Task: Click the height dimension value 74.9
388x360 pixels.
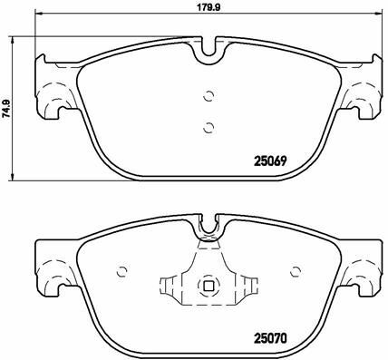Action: click(x=6, y=108)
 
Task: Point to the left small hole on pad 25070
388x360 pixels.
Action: click(x=122, y=271)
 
